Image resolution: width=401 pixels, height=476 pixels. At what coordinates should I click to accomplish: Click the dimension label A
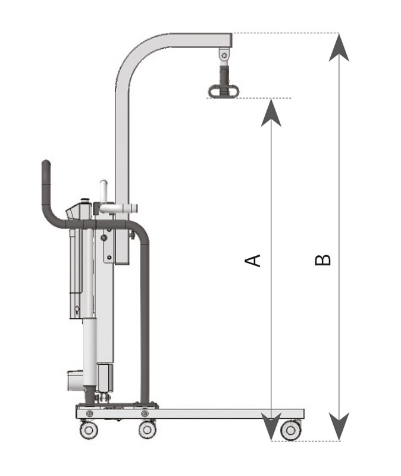point(253,261)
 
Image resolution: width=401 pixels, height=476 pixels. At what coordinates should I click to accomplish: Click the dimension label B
point(322,260)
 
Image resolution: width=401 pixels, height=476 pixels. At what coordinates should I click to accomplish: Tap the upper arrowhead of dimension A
point(271,112)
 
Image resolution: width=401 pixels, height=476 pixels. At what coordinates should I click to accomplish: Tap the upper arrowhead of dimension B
point(339,48)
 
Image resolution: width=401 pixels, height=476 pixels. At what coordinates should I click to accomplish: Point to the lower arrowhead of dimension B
point(339,426)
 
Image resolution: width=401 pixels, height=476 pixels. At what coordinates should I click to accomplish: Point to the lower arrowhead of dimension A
point(271,426)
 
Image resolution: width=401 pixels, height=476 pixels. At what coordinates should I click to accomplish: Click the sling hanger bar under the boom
point(223,91)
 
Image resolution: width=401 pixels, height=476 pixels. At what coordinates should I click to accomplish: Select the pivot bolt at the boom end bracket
point(224,55)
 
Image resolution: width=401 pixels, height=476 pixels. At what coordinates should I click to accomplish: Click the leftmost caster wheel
point(89,430)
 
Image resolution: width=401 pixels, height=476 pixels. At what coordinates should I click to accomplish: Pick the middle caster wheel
point(148,430)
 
